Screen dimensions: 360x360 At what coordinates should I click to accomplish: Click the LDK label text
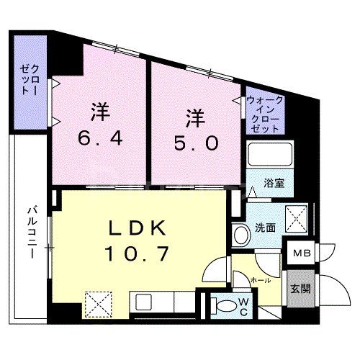pyautogui.click(x=139, y=229)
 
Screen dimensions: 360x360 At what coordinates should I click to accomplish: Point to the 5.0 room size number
pyautogui.click(x=193, y=143)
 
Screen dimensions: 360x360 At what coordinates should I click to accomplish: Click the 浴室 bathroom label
pyautogui.click(x=273, y=183)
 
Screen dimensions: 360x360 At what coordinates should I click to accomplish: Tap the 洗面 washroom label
pyautogui.click(x=265, y=228)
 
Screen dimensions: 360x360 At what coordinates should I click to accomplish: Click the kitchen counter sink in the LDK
pyautogui.click(x=140, y=301)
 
